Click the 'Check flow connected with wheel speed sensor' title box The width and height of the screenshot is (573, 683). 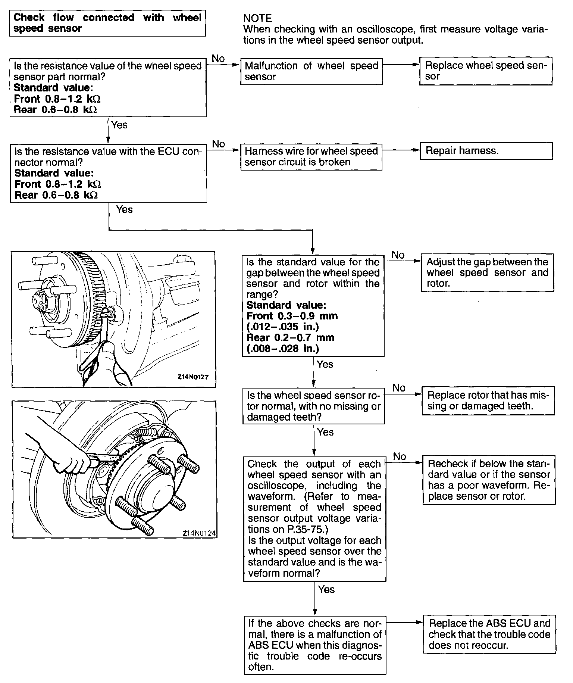(107, 23)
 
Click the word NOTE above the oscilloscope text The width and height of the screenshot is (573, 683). (257, 18)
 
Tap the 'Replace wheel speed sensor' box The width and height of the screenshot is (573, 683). (485, 71)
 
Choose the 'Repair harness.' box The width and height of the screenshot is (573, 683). (486, 151)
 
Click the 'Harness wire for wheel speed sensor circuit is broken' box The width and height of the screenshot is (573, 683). (311, 157)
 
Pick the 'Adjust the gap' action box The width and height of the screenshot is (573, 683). (487, 272)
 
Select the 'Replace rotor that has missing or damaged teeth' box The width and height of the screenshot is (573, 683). (488, 400)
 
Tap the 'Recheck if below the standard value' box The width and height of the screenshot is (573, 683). (489, 480)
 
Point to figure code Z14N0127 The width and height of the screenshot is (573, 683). (193, 377)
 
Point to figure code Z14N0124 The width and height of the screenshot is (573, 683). (199, 533)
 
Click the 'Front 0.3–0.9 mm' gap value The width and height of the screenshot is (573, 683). (292, 316)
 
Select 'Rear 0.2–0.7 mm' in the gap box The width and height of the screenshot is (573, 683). (290, 338)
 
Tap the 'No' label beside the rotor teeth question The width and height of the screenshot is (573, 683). (399, 388)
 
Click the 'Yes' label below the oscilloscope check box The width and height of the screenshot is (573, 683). (326, 590)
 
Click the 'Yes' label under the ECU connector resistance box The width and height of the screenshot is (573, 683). (124, 209)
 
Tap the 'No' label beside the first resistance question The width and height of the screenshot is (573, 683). (218, 59)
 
